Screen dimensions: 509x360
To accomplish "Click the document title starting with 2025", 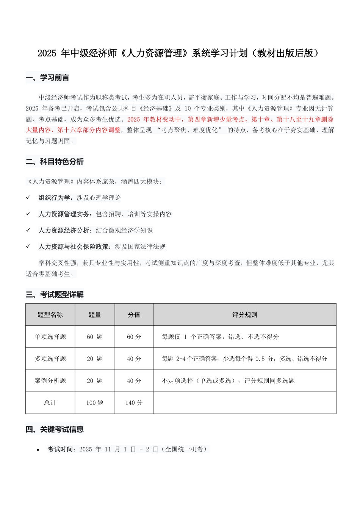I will coord(178,53).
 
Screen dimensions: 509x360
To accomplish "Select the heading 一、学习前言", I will coord(47,78).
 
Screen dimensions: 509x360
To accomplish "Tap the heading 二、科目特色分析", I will coord(55,162).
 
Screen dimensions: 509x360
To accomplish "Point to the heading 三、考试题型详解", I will coord(55,294).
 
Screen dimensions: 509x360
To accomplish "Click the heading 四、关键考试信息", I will coord(55,429).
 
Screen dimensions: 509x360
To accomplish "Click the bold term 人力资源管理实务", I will coord(64,214).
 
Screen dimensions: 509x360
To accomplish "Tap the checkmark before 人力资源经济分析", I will coord(28,230).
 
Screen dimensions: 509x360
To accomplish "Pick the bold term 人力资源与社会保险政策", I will coord(74,247).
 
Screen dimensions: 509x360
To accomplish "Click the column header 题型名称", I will coord(50,315).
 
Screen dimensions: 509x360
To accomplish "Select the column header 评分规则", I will coord(244,315).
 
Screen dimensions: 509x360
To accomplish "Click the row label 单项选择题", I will coord(50,337).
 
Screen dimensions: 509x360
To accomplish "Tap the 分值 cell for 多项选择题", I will coord(134,359).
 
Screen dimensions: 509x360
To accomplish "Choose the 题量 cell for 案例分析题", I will coord(95,381).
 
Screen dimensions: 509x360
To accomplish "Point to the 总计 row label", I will coord(50,403).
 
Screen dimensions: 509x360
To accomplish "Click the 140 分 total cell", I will coord(134,403).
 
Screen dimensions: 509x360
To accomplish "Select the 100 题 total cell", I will coord(95,403).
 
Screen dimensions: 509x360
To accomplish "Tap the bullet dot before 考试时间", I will coord(38,450).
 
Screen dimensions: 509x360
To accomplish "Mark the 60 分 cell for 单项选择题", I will coord(134,337).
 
